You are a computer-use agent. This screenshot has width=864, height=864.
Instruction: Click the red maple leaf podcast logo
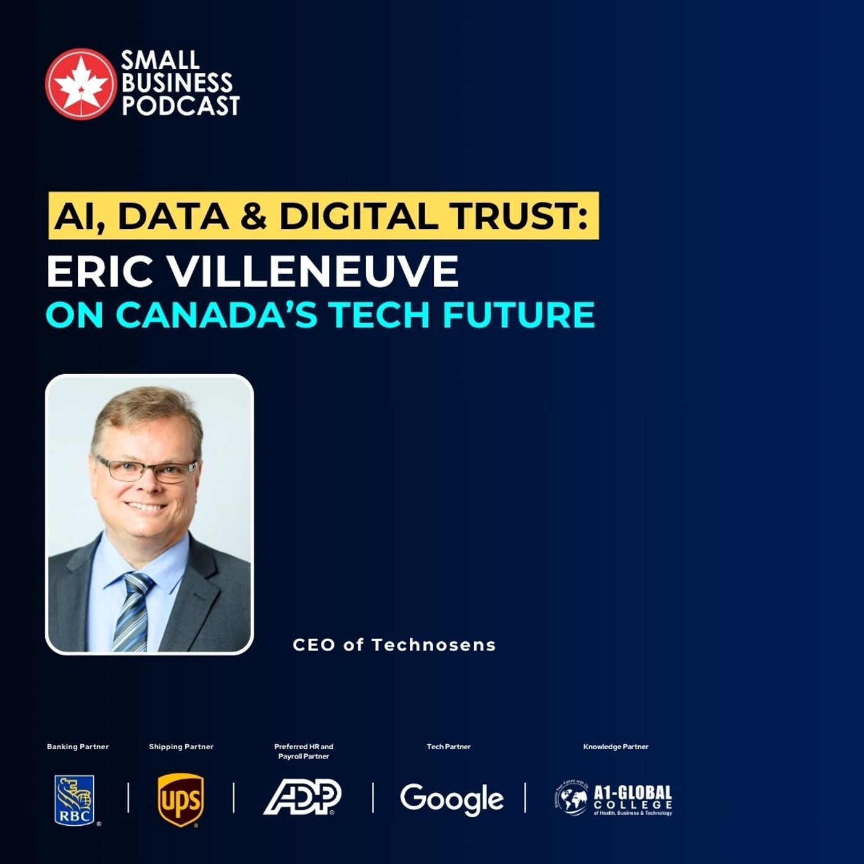coord(80,83)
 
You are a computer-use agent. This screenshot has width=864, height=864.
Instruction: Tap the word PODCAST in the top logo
coord(180,106)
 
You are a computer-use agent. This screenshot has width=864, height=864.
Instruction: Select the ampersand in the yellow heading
coord(254,216)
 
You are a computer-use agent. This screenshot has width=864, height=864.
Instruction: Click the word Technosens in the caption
coord(434,645)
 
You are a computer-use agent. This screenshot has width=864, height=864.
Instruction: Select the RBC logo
coord(75,800)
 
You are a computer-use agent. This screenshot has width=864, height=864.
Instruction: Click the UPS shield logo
coord(180,800)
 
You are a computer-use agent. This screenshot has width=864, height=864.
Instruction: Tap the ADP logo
coord(302,797)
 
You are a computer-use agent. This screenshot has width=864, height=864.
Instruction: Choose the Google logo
coord(452,799)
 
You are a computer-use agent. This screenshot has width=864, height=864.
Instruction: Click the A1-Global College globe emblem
coord(571,799)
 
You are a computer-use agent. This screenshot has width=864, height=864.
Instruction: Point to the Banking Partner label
coord(78,747)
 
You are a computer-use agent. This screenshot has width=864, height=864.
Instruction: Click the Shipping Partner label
coord(181,747)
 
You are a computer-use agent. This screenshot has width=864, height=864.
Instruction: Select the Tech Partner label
coord(449,747)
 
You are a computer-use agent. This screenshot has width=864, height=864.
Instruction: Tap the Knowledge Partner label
coord(616,747)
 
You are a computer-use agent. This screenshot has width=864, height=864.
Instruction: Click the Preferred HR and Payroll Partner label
coord(304,751)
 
